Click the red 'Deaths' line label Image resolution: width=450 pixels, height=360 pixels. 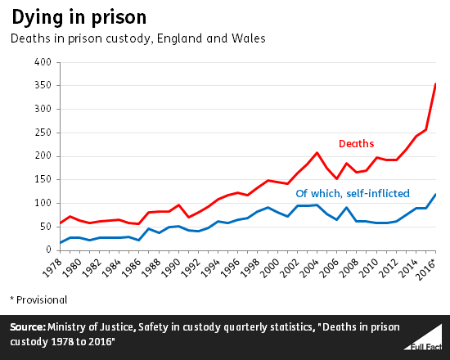pos(356,144)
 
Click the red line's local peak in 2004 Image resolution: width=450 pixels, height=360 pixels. pos(317,153)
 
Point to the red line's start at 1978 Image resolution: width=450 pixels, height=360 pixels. pos(60,223)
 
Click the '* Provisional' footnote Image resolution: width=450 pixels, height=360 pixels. pos(38,300)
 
